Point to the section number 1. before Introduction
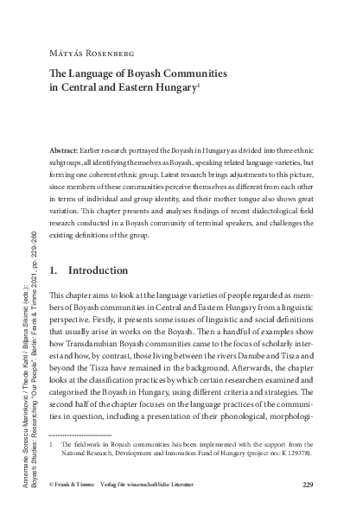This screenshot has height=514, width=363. tap(55, 270)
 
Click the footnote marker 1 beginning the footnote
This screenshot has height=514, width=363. tap(53, 441)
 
